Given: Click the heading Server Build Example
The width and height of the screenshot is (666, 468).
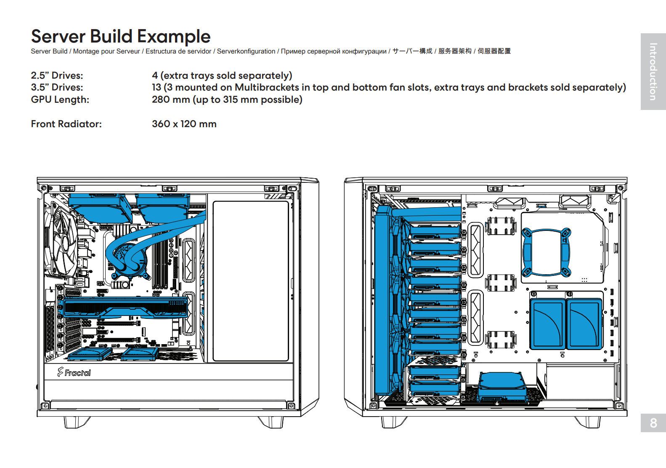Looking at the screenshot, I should pyautogui.click(x=121, y=36).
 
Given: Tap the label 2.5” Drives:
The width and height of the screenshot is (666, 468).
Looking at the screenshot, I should pyautogui.click(x=57, y=75).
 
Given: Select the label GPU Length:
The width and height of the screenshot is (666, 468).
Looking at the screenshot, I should pyautogui.click(x=60, y=100).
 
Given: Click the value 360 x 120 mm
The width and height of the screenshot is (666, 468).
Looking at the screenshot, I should pyautogui.click(x=184, y=124).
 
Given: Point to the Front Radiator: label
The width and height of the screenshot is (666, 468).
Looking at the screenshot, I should pyautogui.click(x=66, y=124).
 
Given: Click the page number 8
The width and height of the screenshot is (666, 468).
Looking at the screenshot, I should pyautogui.click(x=653, y=423).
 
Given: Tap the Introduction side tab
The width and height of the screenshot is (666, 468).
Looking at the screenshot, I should pyautogui.click(x=653, y=72).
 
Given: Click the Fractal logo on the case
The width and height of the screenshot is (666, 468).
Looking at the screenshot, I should pyautogui.click(x=74, y=372).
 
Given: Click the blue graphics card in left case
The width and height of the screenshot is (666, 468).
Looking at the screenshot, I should pyautogui.click(x=125, y=308).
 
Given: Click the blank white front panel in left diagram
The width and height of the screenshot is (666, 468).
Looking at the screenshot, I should pyautogui.click(x=251, y=281).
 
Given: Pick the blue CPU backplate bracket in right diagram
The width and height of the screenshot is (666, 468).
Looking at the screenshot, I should pyautogui.click(x=546, y=252).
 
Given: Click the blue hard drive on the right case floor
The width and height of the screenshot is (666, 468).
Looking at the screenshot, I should pyautogui.click(x=502, y=385).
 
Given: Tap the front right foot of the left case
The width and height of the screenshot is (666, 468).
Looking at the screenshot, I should pyautogui.click(x=271, y=422).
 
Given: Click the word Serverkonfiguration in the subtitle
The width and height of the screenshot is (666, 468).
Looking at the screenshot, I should pyautogui.click(x=246, y=51).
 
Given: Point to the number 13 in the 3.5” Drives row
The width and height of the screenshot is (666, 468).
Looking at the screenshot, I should pyautogui.click(x=157, y=88).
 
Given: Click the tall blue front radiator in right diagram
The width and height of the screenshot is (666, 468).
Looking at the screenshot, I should pyautogui.click(x=382, y=299).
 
